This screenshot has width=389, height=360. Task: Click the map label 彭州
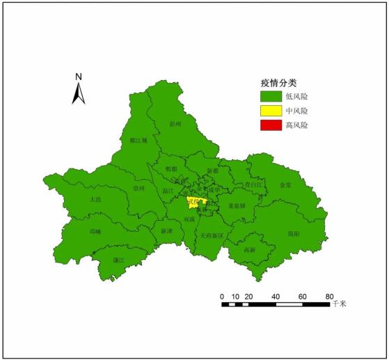pyautogui.click(x=175, y=124)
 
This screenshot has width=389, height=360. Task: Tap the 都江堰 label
pyautogui.click(x=138, y=140)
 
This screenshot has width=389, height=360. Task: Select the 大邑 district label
pyautogui.click(x=95, y=199)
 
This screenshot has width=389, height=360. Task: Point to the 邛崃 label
pyautogui.click(x=95, y=232)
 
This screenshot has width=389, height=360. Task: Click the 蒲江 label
pyautogui.click(x=118, y=260)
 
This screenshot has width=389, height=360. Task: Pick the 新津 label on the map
pyautogui.click(x=166, y=230)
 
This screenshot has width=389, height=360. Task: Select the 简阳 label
pyautogui.click(x=294, y=234)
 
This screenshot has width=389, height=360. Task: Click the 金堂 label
pyautogui.click(x=285, y=186)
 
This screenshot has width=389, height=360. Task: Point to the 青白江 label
pyautogui.click(x=253, y=185)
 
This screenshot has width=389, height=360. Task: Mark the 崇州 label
pyautogui.click(x=139, y=188)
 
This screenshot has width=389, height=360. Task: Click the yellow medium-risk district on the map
pyautogui.click(x=194, y=204)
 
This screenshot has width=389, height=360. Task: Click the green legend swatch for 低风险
pyautogui.click(x=269, y=96)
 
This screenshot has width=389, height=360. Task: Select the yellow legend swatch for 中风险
pyautogui.click(x=269, y=111)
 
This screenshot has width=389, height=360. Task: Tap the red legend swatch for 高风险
pyautogui.click(x=269, y=125)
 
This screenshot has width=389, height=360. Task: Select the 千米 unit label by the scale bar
pyautogui.click(x=339, y=304)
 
